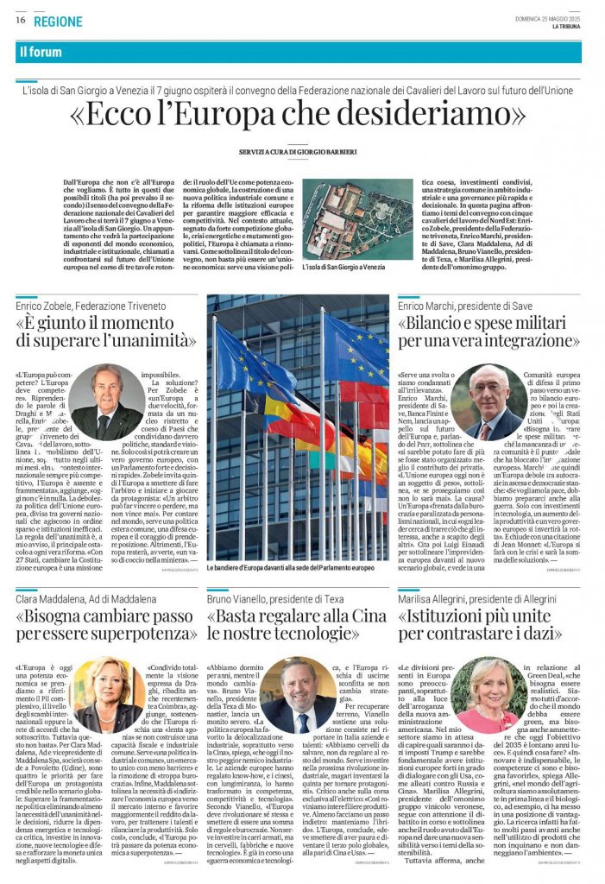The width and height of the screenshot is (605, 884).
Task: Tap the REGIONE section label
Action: point(60,22)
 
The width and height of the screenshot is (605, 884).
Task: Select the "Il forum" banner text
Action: point(41,52)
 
